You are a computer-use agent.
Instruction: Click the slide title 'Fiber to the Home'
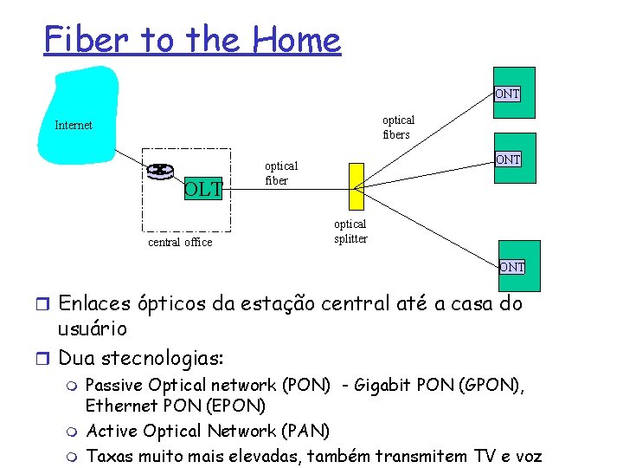pos(192,40)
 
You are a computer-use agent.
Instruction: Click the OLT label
pos(202,188)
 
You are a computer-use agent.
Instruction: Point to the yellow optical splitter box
pos(356,185)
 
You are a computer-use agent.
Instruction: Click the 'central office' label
pos(180,243)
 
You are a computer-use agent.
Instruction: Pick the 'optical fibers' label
pos(398,127)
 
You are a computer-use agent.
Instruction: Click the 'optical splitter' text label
pos(350,231)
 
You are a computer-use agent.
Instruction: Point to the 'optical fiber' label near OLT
pos(280,173)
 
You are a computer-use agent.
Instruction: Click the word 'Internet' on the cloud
pos(74,126)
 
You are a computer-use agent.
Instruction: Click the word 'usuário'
pos(92,329)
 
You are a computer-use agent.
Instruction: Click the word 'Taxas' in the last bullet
pos(112,456)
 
